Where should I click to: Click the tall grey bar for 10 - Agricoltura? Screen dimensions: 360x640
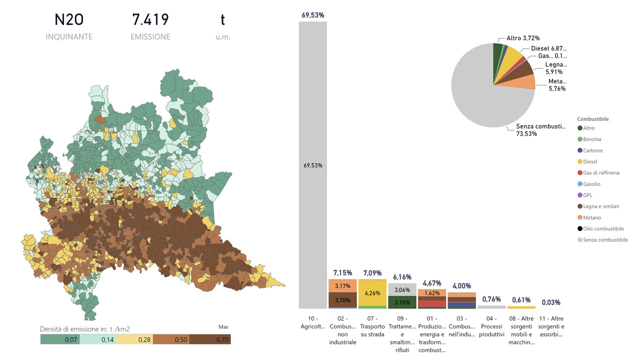click(313, 165)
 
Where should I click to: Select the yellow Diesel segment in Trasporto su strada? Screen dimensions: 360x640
click(372, 293)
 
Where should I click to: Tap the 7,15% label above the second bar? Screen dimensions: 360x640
click(342, 273)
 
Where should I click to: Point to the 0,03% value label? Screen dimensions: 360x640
click(551, 302)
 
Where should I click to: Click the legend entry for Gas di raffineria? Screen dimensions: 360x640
click(601, 173)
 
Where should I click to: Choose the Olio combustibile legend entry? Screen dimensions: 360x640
click(603, 229)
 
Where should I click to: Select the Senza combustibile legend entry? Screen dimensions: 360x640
click(605, 240)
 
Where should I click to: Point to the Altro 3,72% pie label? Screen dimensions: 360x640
click(522, 38)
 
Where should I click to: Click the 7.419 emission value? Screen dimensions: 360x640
click(150, 20)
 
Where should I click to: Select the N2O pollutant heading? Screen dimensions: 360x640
click(69, 20)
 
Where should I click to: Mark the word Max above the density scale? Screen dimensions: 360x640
click(223, 327)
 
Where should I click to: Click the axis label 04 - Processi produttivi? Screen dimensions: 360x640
click(491, 326)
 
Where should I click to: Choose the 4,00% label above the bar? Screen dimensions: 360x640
click(461, 286)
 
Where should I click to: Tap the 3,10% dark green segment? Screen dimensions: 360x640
click(402, 302)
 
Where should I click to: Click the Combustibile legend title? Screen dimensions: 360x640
click(592, 119)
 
